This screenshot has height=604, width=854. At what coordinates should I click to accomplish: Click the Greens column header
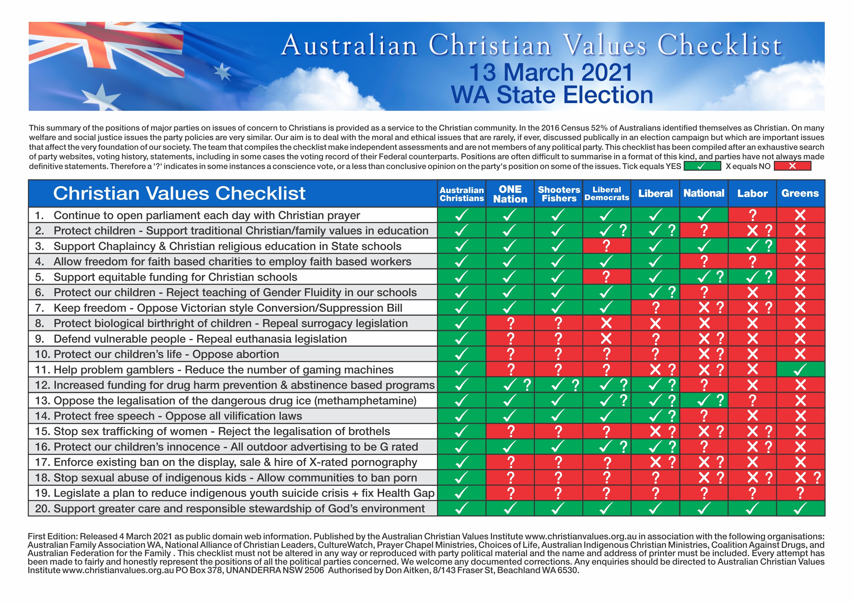pos(800,193)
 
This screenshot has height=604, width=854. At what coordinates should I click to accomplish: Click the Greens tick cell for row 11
pos(800,370)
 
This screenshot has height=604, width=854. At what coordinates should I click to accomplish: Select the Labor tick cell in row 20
pos(752,508)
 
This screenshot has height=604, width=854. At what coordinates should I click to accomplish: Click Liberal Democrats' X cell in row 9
pos(607,339)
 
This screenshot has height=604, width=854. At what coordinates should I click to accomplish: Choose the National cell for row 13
pos(704,400)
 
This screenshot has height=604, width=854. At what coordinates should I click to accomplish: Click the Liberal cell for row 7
pos(655,308)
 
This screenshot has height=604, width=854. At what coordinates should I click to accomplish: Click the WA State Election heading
pos(552,95)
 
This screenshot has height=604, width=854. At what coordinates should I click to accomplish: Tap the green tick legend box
pos(702,166)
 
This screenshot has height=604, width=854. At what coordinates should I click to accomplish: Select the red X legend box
pos(792,166)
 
